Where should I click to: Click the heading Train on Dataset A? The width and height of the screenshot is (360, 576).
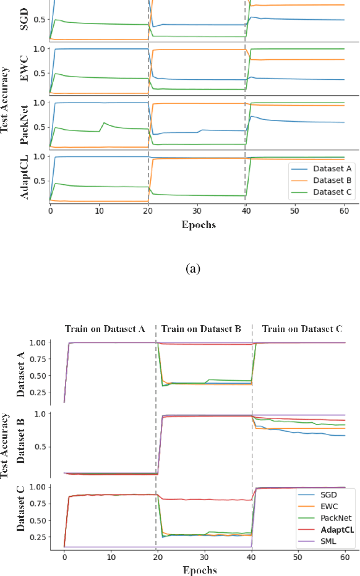105,329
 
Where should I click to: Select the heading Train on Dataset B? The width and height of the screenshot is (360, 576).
204,329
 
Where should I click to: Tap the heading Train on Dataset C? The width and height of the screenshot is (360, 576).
302,329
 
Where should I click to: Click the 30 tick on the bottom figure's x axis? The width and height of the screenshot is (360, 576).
205,557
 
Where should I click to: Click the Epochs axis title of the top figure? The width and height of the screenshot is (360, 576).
199,224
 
